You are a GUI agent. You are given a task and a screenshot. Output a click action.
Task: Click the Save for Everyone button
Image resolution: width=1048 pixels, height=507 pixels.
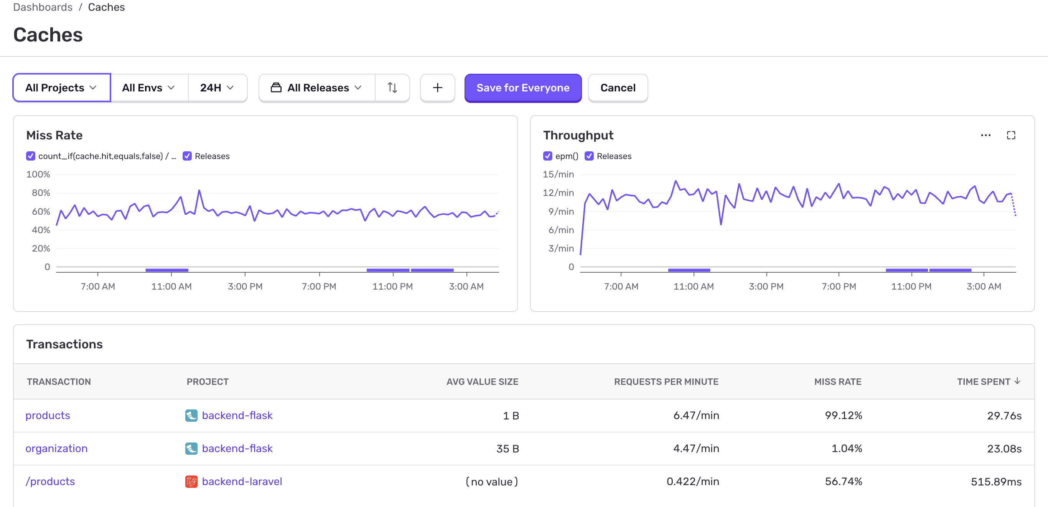pos(523,88)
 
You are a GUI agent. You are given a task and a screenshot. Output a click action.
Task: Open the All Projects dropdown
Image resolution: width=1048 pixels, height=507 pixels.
pos(61,88)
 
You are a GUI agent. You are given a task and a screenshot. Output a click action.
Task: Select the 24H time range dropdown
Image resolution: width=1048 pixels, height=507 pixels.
pos(217,88)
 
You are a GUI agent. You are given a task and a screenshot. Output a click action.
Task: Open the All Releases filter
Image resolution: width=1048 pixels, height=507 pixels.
pos(316,88)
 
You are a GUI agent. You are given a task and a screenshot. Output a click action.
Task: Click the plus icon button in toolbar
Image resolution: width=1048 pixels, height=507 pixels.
pos(437,88)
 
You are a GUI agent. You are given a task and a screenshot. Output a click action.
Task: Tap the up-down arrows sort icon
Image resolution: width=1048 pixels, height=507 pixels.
pos(392,88)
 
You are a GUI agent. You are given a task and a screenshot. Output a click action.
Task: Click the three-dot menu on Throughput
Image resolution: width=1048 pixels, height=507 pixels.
pos(985,135)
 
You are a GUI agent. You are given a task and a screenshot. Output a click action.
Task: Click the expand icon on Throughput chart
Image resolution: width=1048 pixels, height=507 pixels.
pos(1011,135)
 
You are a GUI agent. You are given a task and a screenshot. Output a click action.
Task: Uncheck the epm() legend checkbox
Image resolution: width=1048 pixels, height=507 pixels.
pos(548,156)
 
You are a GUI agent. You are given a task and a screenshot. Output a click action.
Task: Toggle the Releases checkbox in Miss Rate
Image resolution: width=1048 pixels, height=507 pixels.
pos(187,156)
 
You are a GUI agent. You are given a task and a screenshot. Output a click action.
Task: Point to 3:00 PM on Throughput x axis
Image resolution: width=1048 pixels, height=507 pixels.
pos(766,286)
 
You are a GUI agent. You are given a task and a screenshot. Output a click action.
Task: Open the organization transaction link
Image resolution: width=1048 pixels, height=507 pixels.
pos(56,448)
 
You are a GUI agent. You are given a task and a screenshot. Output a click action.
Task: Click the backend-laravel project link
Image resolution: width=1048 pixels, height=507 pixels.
pos(242,481)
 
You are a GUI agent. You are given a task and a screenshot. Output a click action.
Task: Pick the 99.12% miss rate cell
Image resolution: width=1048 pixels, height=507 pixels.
pos(844,415)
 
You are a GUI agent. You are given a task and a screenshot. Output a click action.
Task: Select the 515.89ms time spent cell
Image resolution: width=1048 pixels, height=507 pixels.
pos(996,482)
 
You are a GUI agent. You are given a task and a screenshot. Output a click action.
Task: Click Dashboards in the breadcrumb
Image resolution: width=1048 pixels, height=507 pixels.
pos(43,7)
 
